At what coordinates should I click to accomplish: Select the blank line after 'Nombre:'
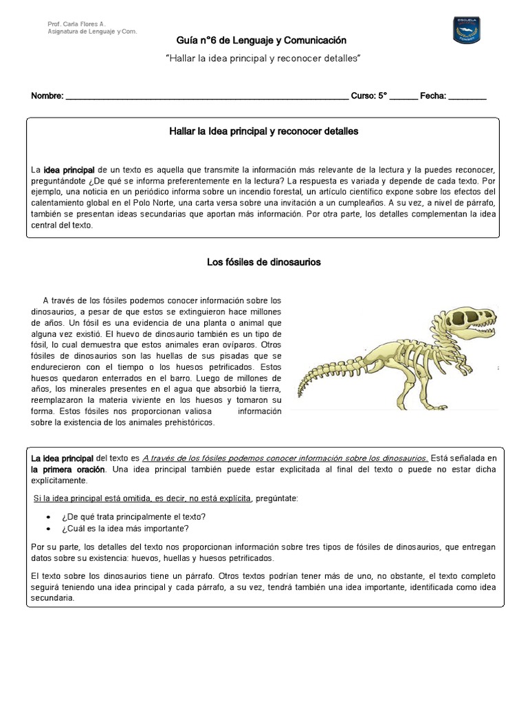[206, 97]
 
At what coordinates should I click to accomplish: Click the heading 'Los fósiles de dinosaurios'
[264, 262]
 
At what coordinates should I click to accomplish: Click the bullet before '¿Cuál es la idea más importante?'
[47, 529]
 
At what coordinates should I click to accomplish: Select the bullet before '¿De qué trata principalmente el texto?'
[47, 516]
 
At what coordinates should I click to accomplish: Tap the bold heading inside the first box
[264, 131]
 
